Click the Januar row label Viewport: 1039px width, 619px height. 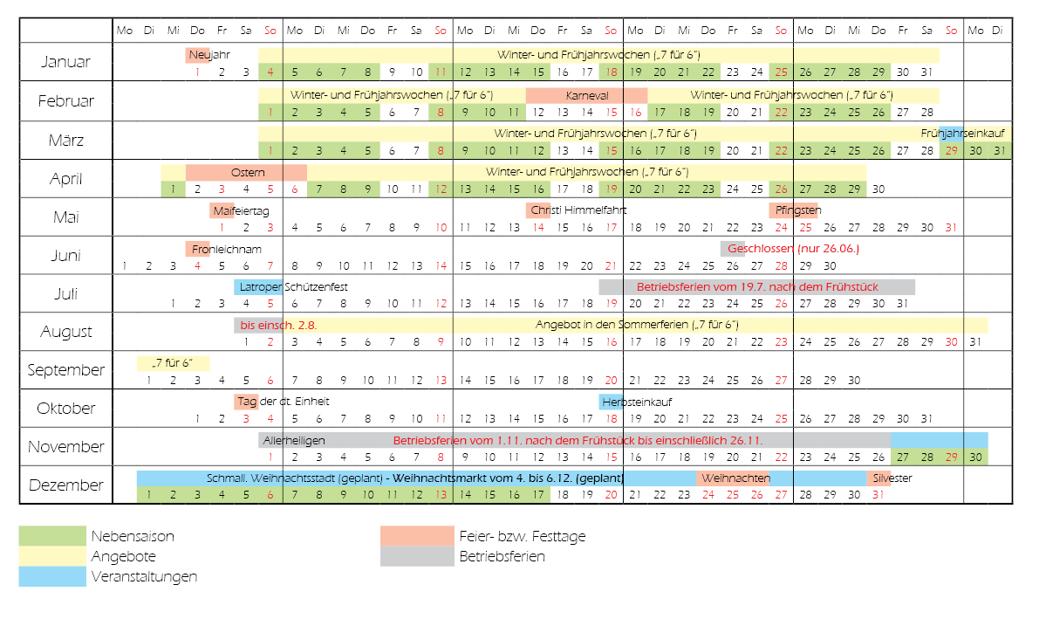pos(65,62)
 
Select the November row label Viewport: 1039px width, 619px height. pos(65,446)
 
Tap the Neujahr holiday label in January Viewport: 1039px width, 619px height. pos(209,54)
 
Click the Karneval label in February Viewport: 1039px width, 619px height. pos(587,95)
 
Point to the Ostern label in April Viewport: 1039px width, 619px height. pos(248,173)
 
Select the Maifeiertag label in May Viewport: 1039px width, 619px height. pos(241,211)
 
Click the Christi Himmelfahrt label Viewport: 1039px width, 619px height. pos(578,210)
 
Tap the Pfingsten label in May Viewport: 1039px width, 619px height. pos(798,210)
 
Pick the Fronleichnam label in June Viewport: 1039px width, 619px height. pos(227,250)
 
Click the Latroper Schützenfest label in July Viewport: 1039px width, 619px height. pos(293,287)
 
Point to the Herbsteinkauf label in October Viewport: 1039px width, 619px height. pos(637,402)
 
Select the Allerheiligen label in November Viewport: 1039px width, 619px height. pos(294,441)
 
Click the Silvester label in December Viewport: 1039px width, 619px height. pos(892,478)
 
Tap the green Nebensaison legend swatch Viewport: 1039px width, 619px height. pos(52,536)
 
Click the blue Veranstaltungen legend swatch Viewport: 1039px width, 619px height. pos(52,576)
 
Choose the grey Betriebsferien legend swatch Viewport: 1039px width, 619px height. pos(417,557)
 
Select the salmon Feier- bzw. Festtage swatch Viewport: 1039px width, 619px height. pos(417,536)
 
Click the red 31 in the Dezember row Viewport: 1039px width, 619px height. pos(878,495)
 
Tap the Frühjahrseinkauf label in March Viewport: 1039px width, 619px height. pos(963,134)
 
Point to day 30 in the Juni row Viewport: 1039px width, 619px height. pos(830,266)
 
